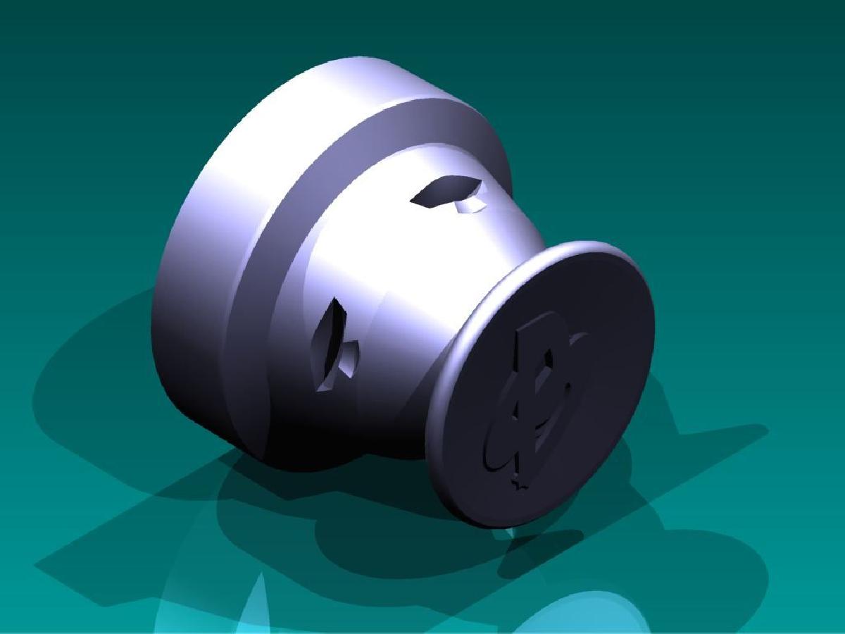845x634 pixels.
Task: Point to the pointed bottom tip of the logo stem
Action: tap(520, 486)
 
